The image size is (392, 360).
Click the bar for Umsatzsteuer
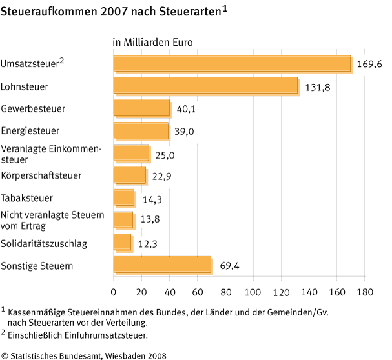point(232,63)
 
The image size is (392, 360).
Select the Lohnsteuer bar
point(205,86)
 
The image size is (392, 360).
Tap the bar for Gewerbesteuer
point(141,108)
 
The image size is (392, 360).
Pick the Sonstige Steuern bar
point(162,265)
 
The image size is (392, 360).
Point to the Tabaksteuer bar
point(123,197)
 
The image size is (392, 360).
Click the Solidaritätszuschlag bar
point(122,243)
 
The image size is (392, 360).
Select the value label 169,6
point(369,65)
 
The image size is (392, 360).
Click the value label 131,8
point(317,87)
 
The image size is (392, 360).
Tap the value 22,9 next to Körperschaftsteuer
point(161,176)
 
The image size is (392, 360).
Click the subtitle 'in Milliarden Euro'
point(153,43)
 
